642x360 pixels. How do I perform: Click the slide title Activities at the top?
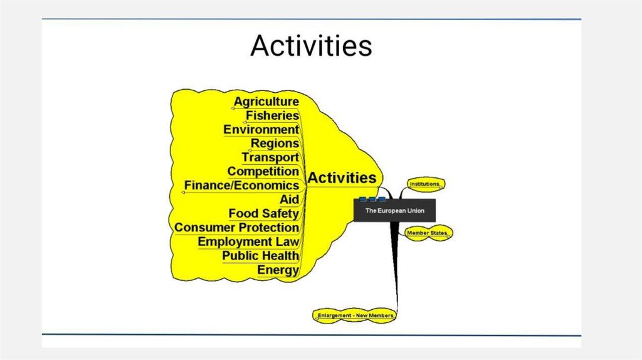click(311, 46)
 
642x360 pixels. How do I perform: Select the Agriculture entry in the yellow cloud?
click(266, 102)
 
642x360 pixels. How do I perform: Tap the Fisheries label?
click(272, 116)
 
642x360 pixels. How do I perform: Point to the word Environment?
click(261, 130)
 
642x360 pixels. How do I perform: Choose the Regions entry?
click(275, 144)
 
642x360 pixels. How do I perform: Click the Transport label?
click(270, 157)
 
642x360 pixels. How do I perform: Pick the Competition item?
click(263, 171)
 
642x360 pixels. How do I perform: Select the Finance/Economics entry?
click(241, 186)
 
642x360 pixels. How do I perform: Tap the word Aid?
click(289, 199)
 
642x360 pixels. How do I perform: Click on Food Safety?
click(263, 214)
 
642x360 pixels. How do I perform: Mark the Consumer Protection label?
click(236, 228)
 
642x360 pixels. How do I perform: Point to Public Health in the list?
click(260, 256)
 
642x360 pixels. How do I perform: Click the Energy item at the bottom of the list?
click(278, 270)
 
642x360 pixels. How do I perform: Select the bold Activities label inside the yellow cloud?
click(342, 178)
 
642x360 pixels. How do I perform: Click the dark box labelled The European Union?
click(394, 211)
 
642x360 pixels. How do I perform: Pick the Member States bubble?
click(429, 233)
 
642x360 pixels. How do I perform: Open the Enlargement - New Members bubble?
click(355, 315)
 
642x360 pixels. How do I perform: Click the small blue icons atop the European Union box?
click(372, 199)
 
